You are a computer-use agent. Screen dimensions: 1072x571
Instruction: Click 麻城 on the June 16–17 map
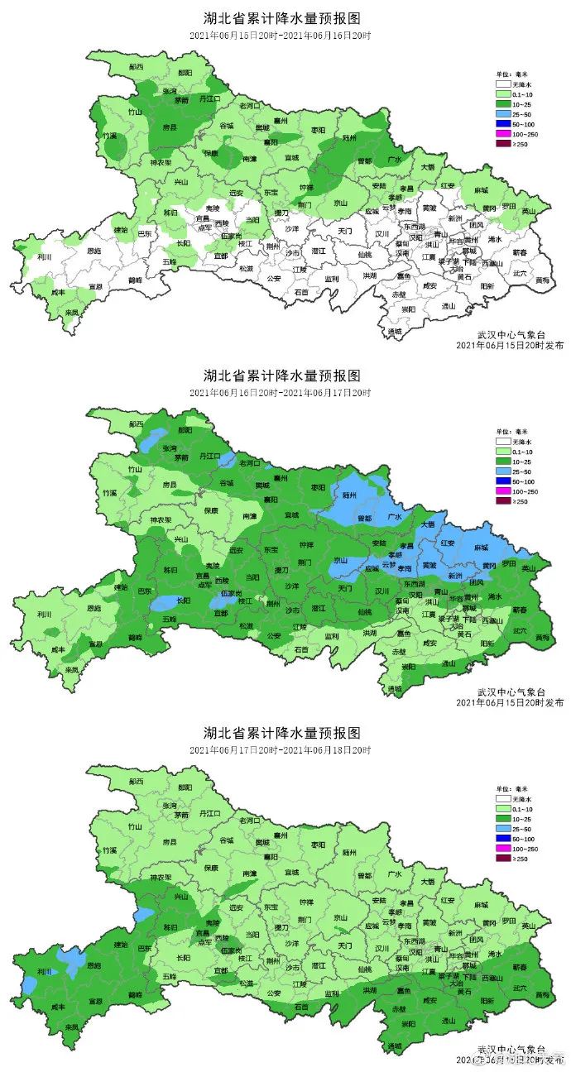coord(481,547)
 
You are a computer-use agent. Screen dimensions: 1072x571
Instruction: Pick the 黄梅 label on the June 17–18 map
coord(542,996)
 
